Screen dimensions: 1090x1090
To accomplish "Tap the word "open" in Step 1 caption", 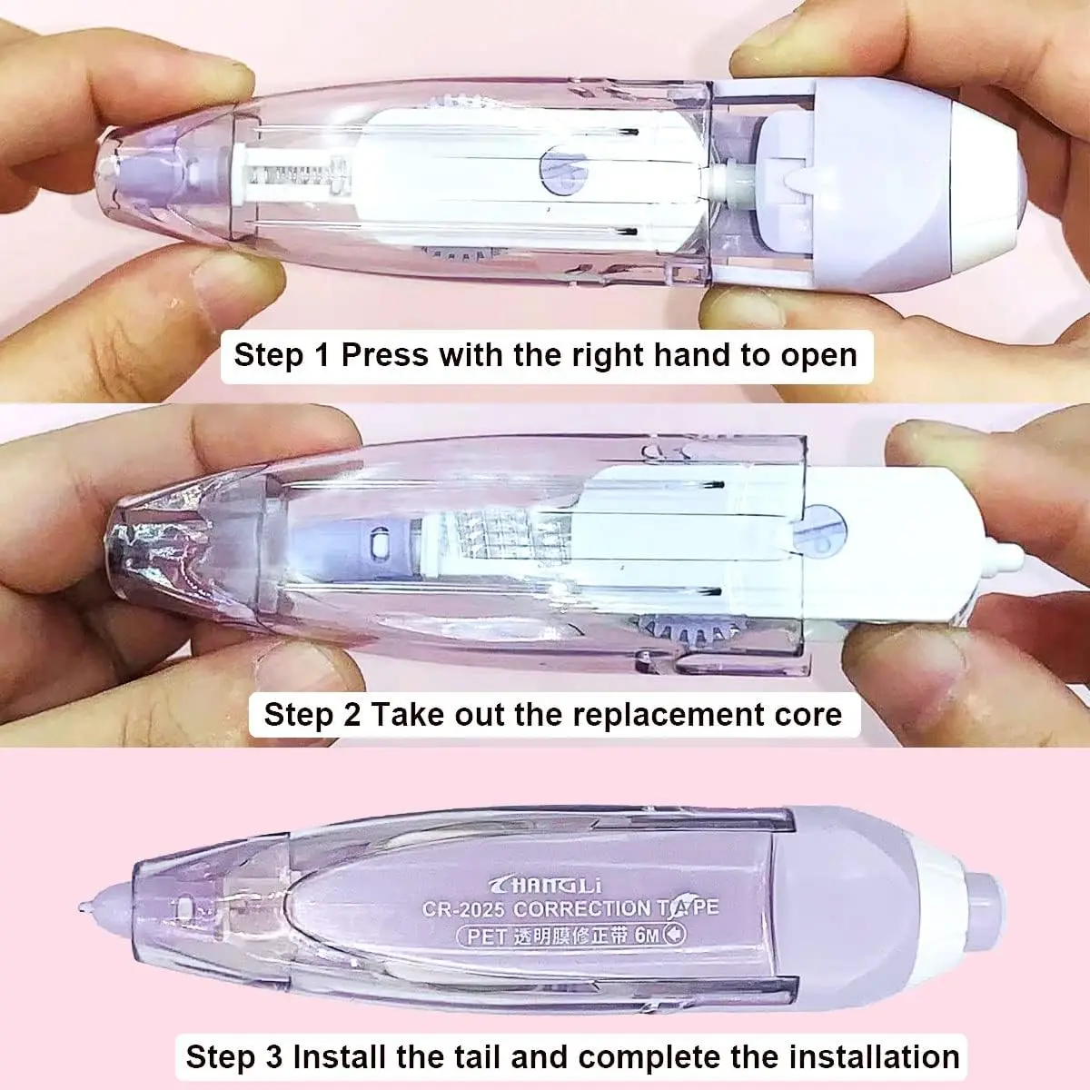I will tap(817, 354).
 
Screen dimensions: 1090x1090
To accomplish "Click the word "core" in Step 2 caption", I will tap(808, 714).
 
